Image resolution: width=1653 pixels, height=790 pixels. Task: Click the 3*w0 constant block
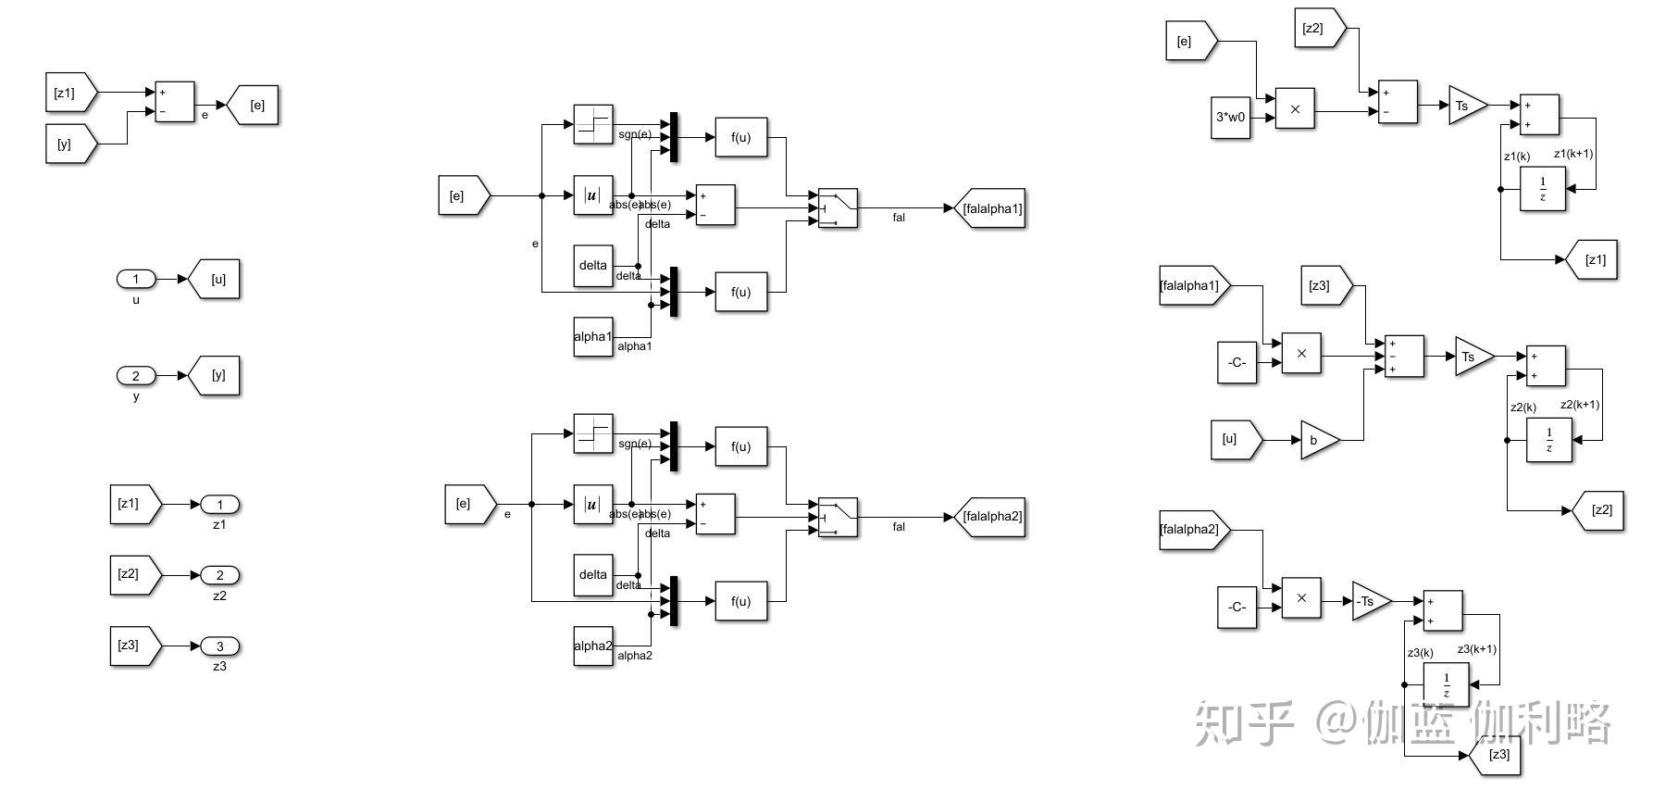tap(1231, 118)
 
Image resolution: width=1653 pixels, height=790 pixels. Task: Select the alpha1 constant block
tap(593, 336)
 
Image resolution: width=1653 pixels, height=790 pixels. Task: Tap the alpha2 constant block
tap(593, 646)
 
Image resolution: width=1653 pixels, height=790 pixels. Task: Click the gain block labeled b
tap(1318, 440)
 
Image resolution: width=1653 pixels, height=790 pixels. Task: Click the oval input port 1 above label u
tap(136, 279)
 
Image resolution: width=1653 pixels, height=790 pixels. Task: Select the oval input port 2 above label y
tap(136, 375)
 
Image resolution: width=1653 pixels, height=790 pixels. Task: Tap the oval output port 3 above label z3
tap(219, 646)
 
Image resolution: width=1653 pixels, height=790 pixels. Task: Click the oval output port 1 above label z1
tap(219, 505)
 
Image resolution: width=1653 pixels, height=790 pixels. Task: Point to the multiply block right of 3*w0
tap(1295, 108)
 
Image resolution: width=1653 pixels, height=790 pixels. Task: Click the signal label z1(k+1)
tap(1573, 154)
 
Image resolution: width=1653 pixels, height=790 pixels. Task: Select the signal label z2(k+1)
tap(1580, 405)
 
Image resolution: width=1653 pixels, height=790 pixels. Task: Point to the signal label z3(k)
tap(1420, 653)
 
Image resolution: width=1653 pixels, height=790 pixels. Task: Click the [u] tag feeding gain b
tap(1234, 439)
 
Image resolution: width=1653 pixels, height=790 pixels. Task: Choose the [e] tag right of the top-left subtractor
tap(255, 106)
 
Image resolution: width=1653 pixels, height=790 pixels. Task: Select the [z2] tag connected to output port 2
tap(133, 574)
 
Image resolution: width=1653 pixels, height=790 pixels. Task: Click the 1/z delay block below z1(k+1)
tap(1542, 189)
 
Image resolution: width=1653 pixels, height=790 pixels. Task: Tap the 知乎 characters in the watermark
tap(1243, 723)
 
